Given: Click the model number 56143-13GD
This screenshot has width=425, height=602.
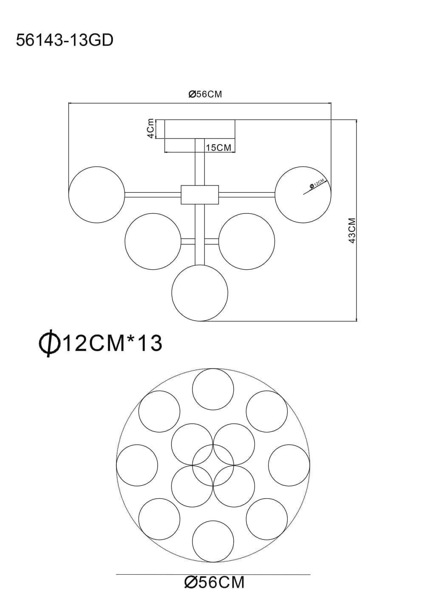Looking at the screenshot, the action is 65,41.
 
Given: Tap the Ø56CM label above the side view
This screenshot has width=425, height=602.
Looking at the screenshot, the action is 205,94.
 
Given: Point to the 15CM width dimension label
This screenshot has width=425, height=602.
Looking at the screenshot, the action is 218,148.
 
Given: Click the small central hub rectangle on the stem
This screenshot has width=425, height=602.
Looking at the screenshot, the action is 200,194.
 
